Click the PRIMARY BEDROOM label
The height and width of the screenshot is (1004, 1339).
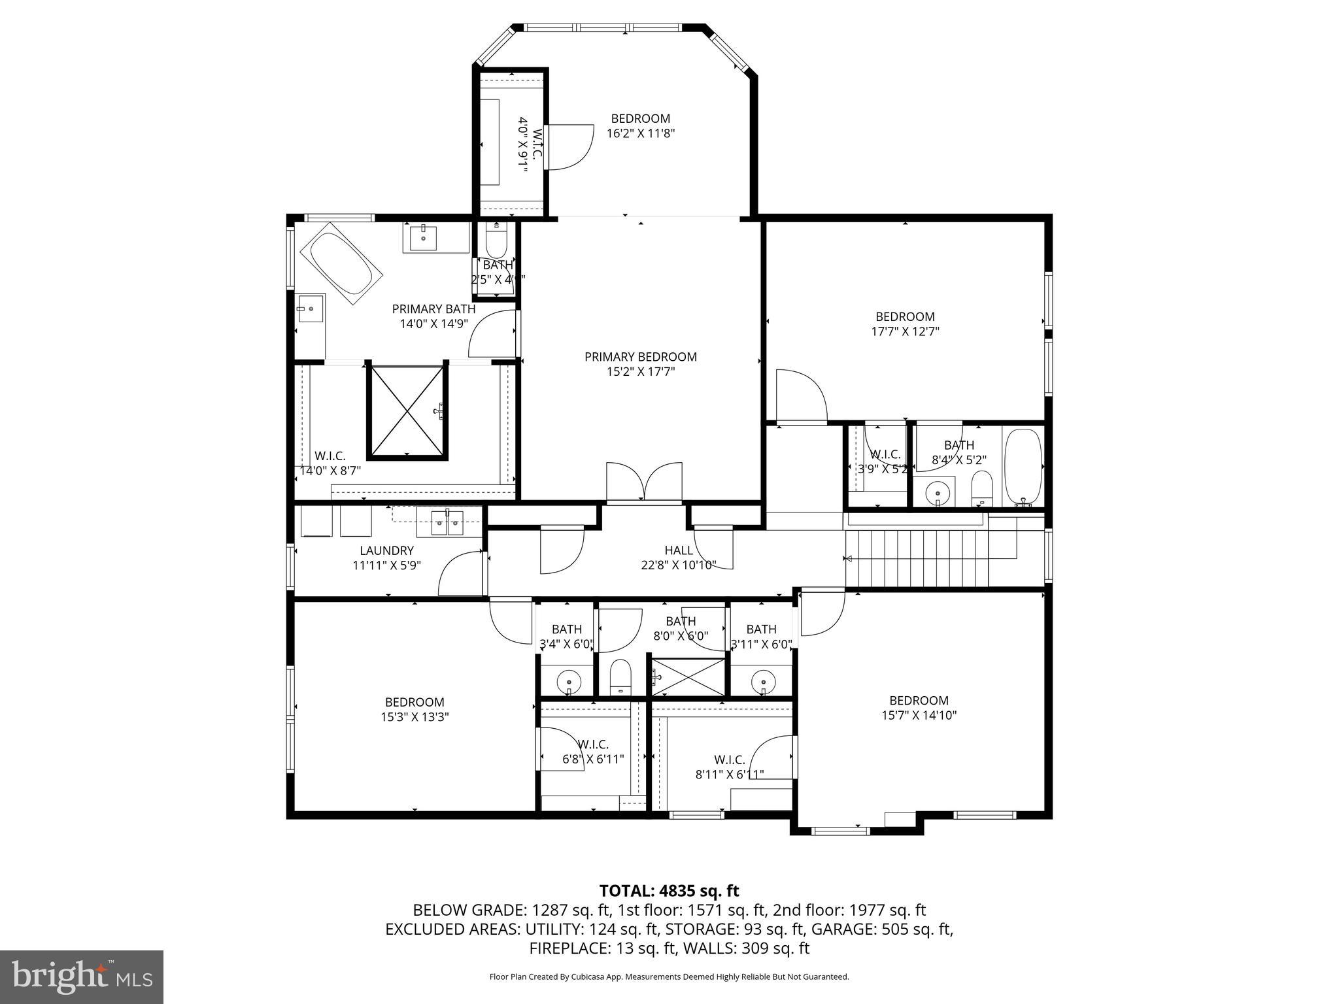click(x=640, y=357)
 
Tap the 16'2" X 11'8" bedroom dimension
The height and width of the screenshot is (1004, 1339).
click(x=640, y=133)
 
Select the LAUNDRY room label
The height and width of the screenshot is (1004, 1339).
click(x=386, y=550)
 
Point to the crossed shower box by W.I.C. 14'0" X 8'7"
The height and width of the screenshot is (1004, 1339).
click(x=407, y=410)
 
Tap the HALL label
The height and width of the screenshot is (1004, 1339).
click(x=678, y=550)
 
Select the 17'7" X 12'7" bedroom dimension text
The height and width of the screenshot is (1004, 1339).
click(x=905, y=331)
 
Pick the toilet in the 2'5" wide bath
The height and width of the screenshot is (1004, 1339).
click(x=497, y=242)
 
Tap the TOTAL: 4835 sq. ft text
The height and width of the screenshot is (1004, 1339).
click(x=669, y=890)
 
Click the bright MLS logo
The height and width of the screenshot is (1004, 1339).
click(x=82, y=977)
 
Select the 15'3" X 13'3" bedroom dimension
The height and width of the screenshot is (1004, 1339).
click(x=415, y=717)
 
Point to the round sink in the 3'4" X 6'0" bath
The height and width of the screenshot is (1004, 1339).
click(x=568, y=682)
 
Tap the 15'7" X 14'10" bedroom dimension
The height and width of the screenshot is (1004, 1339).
click(x=919, y=715)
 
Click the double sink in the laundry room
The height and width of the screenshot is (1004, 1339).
click(x=447, y=522)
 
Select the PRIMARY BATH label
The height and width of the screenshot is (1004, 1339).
click(x=433, y=309)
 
